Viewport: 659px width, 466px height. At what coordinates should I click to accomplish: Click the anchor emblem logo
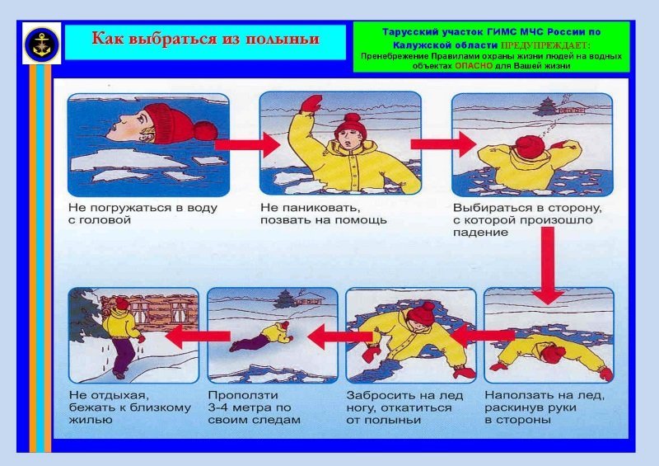[42, 44]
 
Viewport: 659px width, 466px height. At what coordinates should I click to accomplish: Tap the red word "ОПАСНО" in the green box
[474, 66]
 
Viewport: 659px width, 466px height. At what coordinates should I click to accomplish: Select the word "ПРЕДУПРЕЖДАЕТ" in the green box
[545, 45]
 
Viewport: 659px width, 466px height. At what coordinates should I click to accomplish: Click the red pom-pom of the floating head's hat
[205, 130]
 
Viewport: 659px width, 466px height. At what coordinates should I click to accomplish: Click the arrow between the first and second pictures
[247, 145]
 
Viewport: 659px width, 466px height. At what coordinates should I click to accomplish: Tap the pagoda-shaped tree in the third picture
[546, 107]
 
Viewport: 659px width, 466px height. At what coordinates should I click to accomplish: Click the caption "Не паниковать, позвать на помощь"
[323, 214]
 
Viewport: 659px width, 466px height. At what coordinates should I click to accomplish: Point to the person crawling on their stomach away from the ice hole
[261, 336]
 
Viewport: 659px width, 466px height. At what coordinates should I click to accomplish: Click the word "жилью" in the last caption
[91, 420]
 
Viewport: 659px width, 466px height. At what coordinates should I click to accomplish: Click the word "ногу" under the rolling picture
[360, 408]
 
